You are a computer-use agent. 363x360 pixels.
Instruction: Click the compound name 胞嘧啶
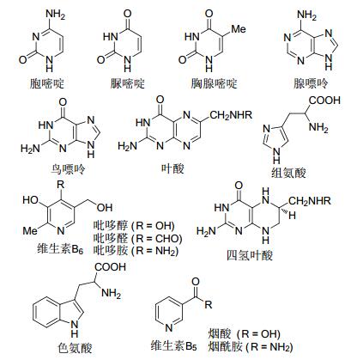47,84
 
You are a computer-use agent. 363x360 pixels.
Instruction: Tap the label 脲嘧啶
128,84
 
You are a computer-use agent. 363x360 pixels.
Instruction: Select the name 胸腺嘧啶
215,84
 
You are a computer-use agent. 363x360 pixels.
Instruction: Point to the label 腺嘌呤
311,83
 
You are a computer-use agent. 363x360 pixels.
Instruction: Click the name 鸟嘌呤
68,169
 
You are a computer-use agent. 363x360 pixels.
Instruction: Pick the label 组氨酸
288,173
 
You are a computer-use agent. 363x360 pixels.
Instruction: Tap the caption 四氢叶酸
250,255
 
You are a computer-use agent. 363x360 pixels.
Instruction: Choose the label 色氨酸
75,348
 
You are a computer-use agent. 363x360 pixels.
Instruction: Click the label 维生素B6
60,248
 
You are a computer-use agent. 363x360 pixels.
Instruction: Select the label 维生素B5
174,346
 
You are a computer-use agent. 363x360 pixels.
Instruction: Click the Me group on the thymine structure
239,29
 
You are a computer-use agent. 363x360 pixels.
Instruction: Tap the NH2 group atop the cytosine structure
56,15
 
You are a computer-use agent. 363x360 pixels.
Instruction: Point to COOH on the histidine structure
324,100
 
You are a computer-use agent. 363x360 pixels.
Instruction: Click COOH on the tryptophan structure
110,267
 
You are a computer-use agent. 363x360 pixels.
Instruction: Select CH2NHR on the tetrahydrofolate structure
310,201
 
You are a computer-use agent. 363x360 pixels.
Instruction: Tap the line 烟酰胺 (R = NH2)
251,347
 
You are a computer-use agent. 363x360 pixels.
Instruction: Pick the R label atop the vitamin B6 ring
60,185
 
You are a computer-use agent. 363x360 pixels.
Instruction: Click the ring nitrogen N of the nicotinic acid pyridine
169,327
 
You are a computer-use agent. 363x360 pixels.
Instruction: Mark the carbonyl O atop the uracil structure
128,14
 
